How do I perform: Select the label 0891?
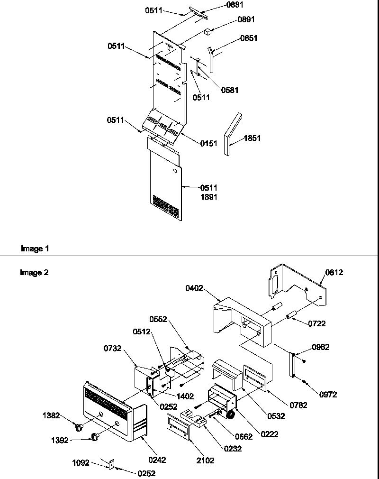pyautogui.click(x=247, y=20)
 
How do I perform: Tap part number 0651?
pyautogui.click(x=249, y=38)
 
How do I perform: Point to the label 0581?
pyautogui.click(x=230, y=90)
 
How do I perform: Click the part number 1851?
pyautogui.click(x=253, y=138)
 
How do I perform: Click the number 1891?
pyautogui.click(x=208, y=197)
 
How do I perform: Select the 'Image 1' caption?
pyautogui.click(x=35, y=249)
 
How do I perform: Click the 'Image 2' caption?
pyautogui.click(x=34, y=272)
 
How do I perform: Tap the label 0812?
pyautogui.click(x=334, y=273)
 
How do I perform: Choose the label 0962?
pyautogui.click(x=320, y=348)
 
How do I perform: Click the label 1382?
pyautogui.click(x=51, y=416)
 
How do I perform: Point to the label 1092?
pyautogui.click(x=81, y=463)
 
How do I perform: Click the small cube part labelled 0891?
pyautogui.click(x=208, y=32)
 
